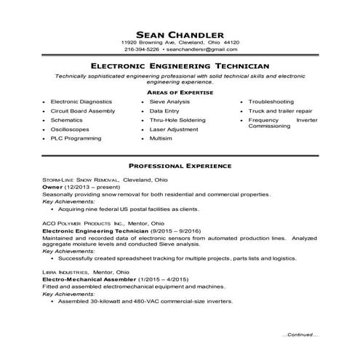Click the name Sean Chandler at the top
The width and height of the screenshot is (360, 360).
tap(180, 33)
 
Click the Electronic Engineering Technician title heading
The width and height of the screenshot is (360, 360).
tap(180, 65)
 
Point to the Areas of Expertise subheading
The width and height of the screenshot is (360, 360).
tap(180, 93)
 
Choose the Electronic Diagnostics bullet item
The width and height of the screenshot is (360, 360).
tap(81, 102)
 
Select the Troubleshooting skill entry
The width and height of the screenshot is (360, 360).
tap(271, 102)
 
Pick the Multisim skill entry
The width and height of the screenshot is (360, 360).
tap(161, 137)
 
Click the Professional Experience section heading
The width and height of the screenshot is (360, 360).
tap(180, 166)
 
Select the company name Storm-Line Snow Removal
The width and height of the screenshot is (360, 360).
tap(73, 179)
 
